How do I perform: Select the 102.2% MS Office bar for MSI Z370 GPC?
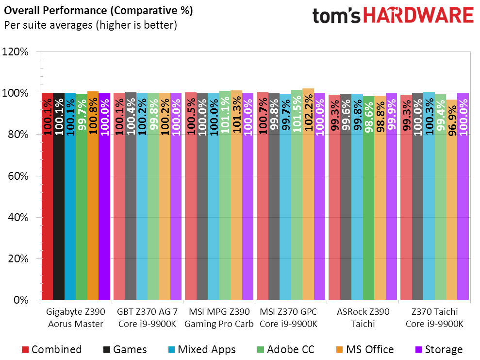[x=308, y=194]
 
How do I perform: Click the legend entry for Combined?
[x=51, y=349]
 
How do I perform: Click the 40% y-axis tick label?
[x=19, y=217]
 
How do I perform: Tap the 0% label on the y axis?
[x=21, y=300]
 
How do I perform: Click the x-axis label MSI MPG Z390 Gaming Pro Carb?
[x=219, y=318]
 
